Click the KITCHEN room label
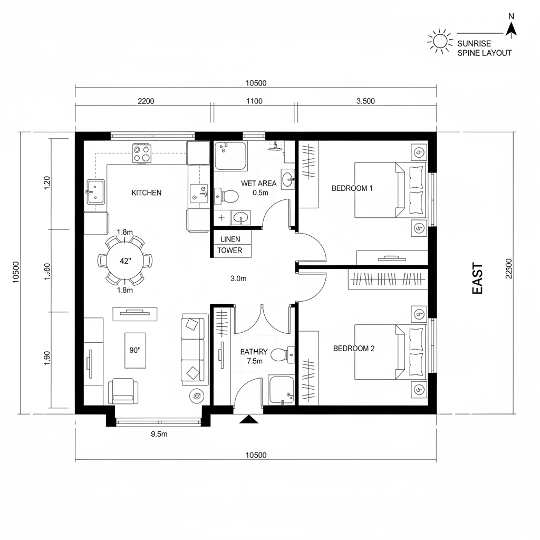146,193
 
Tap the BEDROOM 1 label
352,188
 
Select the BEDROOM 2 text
353,349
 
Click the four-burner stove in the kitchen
142,153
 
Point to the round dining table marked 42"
125,261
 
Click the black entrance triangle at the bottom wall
248,419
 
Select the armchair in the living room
123,391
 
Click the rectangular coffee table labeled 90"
135,350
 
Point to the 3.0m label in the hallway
238,279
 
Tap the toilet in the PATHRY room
279,355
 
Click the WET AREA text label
258,184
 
